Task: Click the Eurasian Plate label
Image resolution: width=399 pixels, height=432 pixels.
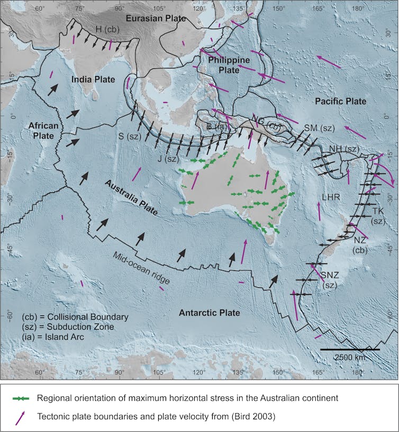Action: tap(156, 19)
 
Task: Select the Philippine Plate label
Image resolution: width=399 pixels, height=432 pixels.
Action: tap(229, 65)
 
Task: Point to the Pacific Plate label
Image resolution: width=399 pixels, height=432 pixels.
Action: tap(339, 101)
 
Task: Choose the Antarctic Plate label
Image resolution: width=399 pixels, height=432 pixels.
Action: tap(209, 313)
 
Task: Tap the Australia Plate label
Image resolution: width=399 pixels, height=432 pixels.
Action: tap(131, 197)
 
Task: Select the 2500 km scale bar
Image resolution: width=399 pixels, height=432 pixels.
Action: tap(350, 350)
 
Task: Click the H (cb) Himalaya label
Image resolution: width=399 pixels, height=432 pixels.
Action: tap(108, 29)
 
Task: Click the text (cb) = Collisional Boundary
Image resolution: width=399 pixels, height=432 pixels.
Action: tap(75, 317)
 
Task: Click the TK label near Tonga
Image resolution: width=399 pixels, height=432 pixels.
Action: tap(378, 211)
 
